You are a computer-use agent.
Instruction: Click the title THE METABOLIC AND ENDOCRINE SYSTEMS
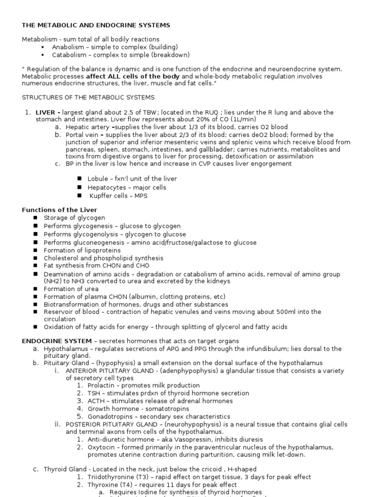(x=96, y=25)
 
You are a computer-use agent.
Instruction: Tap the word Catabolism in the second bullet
(x=68, y=55)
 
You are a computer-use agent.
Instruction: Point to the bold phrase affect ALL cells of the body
(x=133, y=77)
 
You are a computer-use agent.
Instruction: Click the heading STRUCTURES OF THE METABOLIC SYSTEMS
(x=88, y=98)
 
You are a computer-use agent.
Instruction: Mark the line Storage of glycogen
(x=74, y=218)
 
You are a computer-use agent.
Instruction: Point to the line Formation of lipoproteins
(x=82, y=250)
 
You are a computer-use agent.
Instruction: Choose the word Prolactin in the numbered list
(x=102, y=385)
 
